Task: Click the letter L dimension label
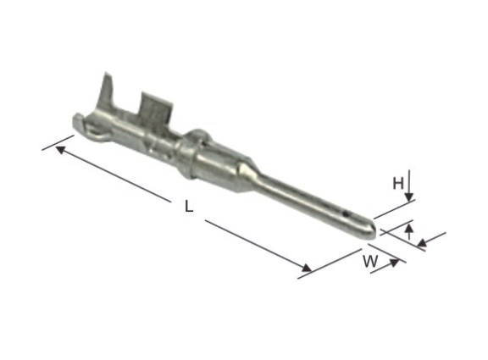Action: [189, 207]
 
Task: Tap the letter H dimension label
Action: [398, 183]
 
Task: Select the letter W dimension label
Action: [370, 262]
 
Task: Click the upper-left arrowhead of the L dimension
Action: [60, 150]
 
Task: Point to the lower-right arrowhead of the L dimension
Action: [307, 268]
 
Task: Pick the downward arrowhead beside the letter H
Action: [409, 197]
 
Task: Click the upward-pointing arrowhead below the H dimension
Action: [409, 228]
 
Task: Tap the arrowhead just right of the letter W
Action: [394, 263]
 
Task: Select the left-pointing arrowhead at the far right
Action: [422, 242]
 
